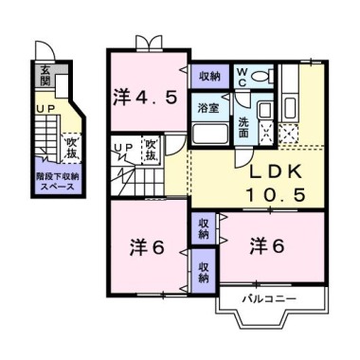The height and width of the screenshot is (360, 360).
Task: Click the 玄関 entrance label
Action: (45, 76)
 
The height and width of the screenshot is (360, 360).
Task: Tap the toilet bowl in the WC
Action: (262, 76)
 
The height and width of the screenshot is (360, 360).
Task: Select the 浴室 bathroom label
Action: (208, 108)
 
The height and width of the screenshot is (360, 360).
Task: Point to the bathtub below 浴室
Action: (210, 134)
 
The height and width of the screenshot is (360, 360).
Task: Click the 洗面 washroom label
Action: (243, 127)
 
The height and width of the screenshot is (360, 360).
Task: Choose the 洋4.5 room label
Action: (145, 98)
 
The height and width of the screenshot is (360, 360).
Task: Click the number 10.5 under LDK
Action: (276, 194)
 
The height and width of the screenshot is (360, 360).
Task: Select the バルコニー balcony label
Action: (269, 298)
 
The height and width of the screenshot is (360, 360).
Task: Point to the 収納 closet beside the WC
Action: (210, 77)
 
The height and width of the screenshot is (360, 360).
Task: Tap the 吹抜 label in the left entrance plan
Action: (72, 148)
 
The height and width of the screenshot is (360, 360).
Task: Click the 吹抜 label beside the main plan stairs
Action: (151, 149)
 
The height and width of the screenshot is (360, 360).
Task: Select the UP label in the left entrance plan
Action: (46, 108)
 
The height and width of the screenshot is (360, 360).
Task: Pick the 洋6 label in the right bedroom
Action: (267, 246)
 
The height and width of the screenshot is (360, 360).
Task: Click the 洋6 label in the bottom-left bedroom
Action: (147, 248)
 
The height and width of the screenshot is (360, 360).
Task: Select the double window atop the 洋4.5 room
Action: (149, 43)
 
